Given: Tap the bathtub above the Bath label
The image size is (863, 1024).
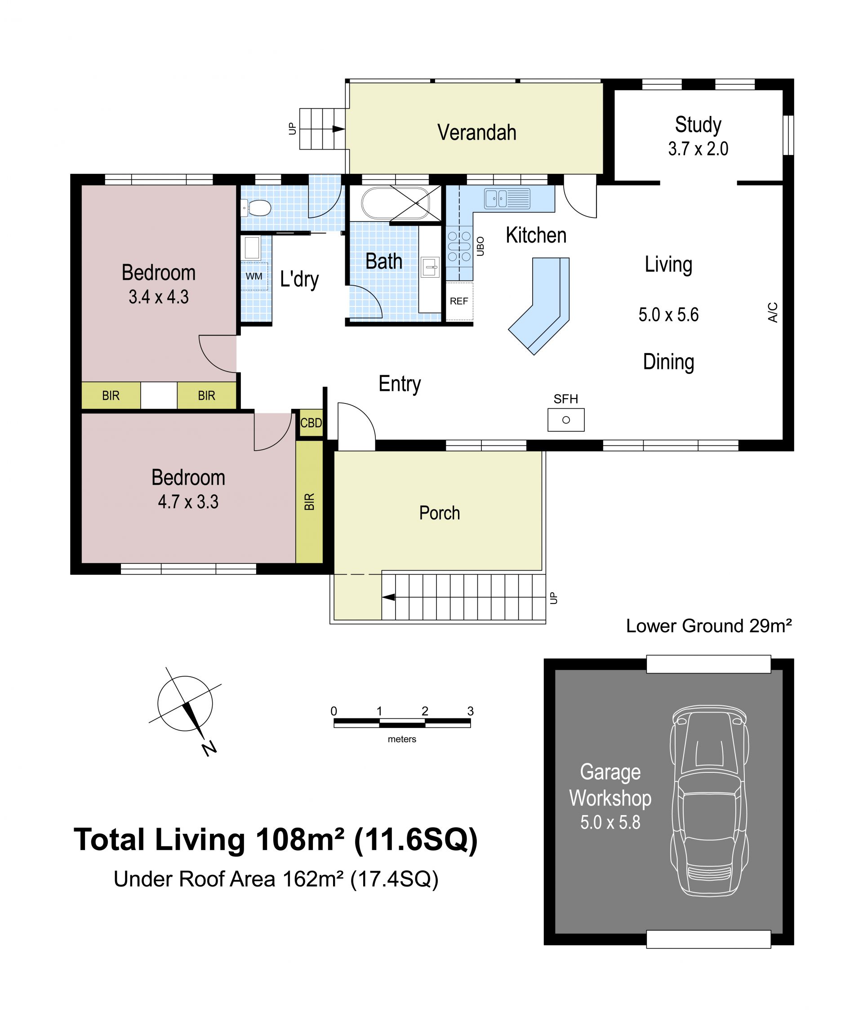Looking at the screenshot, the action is pos(395,203).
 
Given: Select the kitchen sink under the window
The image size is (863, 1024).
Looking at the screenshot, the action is pos(507,199).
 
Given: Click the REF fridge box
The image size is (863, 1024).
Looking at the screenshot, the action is pos(459,301).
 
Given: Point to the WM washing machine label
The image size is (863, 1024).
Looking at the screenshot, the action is pos(254,276).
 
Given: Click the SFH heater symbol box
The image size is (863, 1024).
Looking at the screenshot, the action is pos(566,420).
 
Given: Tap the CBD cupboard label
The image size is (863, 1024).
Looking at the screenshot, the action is pos(311,422).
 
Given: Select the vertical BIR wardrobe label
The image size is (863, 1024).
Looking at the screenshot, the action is pos(309,502).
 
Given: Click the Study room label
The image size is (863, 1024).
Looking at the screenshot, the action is pos(698,125).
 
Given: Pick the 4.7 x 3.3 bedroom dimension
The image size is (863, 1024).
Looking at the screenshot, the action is pos(188,502).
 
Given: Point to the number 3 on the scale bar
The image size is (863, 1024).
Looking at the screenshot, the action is pos(470,711).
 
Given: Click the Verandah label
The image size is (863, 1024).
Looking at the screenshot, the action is pos(477,133).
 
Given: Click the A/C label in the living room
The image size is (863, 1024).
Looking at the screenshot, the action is pos(773,312).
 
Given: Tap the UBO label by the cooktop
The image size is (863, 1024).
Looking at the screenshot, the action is pos(480,247).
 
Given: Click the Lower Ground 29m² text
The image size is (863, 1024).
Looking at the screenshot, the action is pos(709,626).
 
